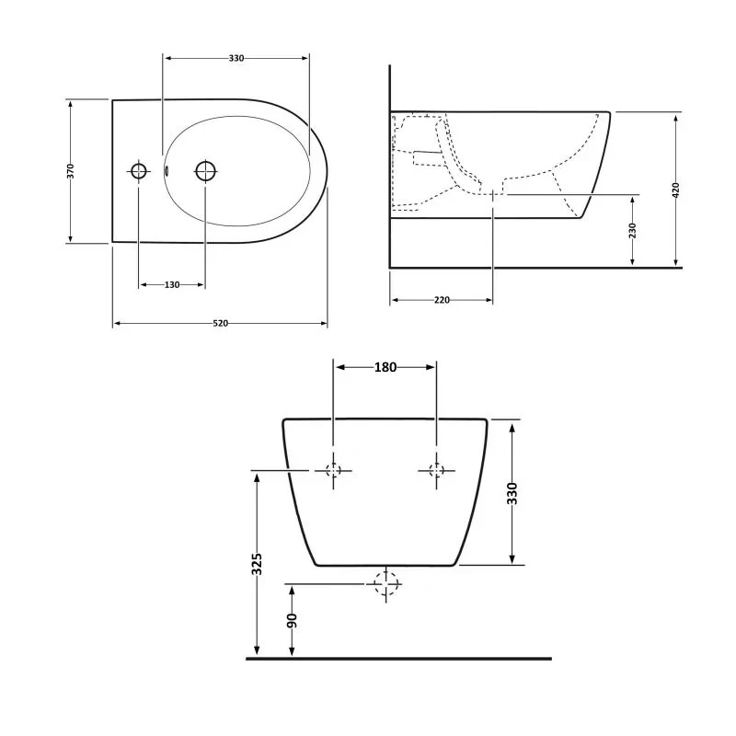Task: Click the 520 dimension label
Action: [x=221, y=323]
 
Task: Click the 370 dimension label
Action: [x=71, y=171]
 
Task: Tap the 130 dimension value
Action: [x=172, y=285]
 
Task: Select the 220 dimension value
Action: [x=442, y=300]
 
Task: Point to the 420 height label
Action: [x=676, y=190]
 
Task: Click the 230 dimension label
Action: [x=633, y=231]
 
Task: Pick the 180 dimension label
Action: [x=385, y=367]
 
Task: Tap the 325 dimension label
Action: [x=257, y=563]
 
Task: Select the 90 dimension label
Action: [x=292, y=621]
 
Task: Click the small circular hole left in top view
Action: [x=138, y=171]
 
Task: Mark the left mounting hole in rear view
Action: [x=333, y=470]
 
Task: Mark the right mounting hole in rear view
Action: [x=436, y=470]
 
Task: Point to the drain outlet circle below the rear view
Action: [x=385, y=583]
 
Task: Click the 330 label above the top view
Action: [x=236, y=58]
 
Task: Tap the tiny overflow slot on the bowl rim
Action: [x=167, y=170]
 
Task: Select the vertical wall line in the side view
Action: [x=389, y=166]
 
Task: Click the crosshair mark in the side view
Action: [x=494, y=194]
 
